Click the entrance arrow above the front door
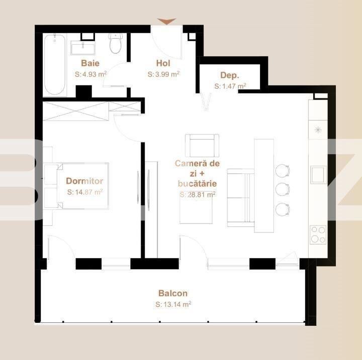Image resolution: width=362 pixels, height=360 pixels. [x=166, y=21]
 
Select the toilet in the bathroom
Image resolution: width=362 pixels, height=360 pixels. [x=116, y=44]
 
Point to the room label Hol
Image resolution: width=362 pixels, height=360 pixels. [x=163, y=63]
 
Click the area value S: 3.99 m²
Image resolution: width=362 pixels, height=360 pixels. [x=163, y=74]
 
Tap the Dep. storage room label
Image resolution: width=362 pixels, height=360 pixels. [x=229, y=75]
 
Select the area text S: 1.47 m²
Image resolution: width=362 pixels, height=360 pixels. [x=230, y=86]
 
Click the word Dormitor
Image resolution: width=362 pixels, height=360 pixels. [x=84, y=181]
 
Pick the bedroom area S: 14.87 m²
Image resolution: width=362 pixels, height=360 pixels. [x=84, y=192]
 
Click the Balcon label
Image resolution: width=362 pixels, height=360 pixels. [x=172, y=293]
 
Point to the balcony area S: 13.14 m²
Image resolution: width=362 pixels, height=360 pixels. [x=173, y=304]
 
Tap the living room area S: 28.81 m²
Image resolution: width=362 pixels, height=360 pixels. [x=197, y=194]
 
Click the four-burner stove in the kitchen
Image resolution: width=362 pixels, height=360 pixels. [x=318, y=234]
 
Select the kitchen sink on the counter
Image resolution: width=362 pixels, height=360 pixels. [x=318, y=175]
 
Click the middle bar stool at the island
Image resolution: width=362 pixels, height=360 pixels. [x=283, y=189]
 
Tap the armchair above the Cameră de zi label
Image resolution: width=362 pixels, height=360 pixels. [x=202, y=146]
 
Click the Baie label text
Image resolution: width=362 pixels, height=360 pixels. [x=90, y=63]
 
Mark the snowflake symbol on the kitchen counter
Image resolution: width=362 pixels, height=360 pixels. [x=318, y=130]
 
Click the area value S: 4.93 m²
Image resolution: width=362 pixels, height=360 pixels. [x=90, y=74]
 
